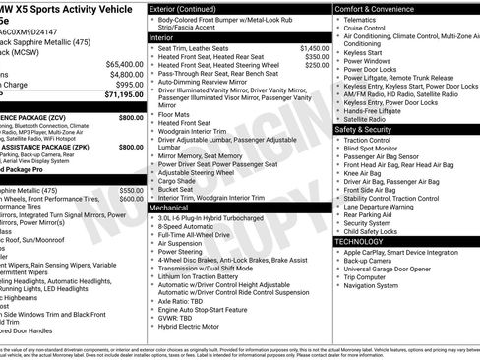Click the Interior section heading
pyautogui.click(x=162, y=37)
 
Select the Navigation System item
pyautogui.click(x=378, y=285)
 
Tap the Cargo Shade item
pyautogui.click(x=178, y=181)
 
